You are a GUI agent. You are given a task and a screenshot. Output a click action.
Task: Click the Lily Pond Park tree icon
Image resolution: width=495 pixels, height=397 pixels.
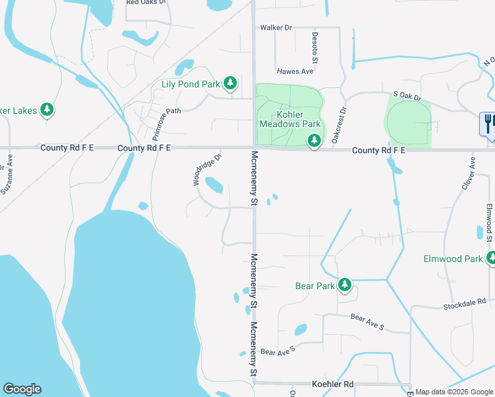click(x=230, y=83)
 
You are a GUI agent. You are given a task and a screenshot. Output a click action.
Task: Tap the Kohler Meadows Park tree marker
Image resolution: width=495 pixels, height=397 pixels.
click(x=314, y=140)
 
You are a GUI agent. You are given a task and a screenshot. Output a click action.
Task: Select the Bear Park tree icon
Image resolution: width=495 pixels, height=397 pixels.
click(x=344, y=285)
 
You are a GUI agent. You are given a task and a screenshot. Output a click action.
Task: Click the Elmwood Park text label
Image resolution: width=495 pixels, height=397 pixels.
click(x=453, y=259)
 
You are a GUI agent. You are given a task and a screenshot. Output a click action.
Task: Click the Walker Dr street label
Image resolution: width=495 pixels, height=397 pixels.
click(x=276, y=28)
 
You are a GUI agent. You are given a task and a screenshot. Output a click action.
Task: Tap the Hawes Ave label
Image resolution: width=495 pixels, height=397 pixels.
click(x=294, y=71)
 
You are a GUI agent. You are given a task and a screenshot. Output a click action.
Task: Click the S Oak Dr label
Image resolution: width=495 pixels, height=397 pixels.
click(x=407, y=97)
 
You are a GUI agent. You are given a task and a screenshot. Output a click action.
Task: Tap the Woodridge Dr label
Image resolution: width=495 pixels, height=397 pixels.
click(x=206, y=169)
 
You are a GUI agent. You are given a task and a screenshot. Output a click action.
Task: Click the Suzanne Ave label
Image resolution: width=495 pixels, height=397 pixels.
click(x=8, y=173)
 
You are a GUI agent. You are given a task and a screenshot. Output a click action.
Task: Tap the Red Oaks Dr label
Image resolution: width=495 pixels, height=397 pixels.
click(x=144, y=2)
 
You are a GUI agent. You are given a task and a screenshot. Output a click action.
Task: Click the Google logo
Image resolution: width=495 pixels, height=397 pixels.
click(x=22, y=389)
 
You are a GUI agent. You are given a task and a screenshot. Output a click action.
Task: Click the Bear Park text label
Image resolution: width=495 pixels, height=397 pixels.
click(x=315, y=286)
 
